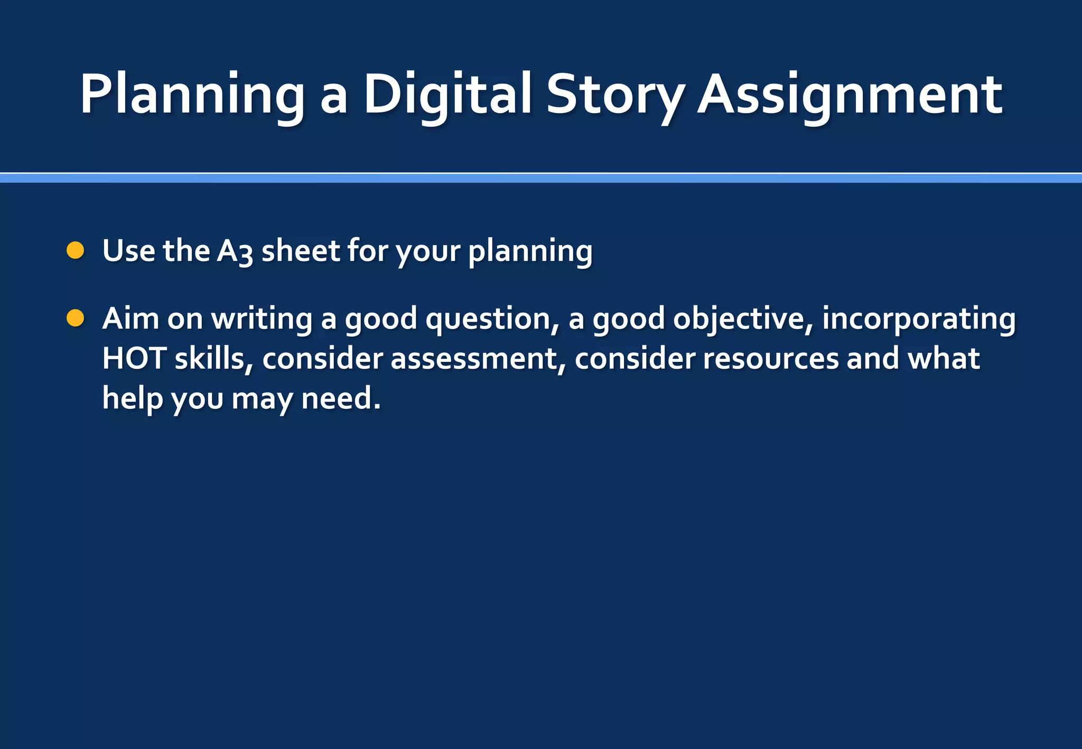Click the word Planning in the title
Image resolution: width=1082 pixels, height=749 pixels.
tap(192, 95)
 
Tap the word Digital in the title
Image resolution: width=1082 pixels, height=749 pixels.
tap(447, 95)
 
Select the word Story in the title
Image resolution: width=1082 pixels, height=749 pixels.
tap(615, 95)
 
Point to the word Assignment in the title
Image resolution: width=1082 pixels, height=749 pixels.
tap(850, 95)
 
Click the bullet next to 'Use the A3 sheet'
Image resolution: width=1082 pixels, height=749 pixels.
tap(76, 250)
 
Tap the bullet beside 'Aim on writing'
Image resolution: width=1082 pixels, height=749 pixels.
tap(76, 319)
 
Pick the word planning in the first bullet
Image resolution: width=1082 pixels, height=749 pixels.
tap(530, 251)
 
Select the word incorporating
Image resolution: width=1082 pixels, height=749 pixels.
tap(918, 320)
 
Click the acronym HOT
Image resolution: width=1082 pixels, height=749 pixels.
tap(134, 359)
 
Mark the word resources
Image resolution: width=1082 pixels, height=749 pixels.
tap(770, 359)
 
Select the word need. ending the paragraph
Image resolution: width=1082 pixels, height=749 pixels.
tap(341, 398)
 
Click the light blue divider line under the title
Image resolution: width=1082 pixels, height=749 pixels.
tap(541, 179)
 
